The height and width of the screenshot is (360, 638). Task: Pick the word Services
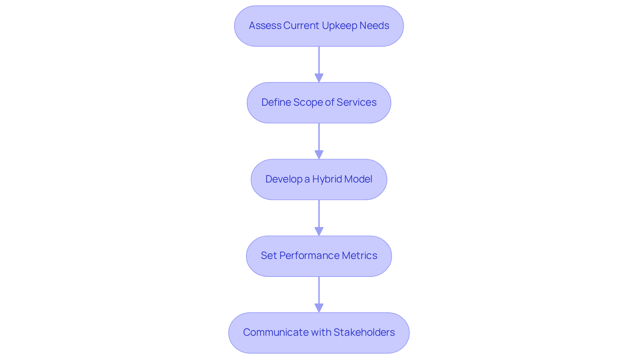pyautogui.click(x=357, y=102)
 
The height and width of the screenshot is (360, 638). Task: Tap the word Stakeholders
pyautogui.click(x=364, y=332)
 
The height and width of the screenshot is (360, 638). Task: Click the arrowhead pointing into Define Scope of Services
pyautogui.click(x=319, y=78)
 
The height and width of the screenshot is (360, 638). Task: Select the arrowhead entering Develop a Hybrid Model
pyautogui.click(x=319, y=155)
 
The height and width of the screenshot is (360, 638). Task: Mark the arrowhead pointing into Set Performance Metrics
pyautogui.click(x=319, y=232)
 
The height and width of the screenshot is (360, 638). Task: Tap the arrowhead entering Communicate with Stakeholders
pyautogui.click(x=319, y=308)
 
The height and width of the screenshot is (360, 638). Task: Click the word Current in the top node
pyautogui.click(x=301, y=26)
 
